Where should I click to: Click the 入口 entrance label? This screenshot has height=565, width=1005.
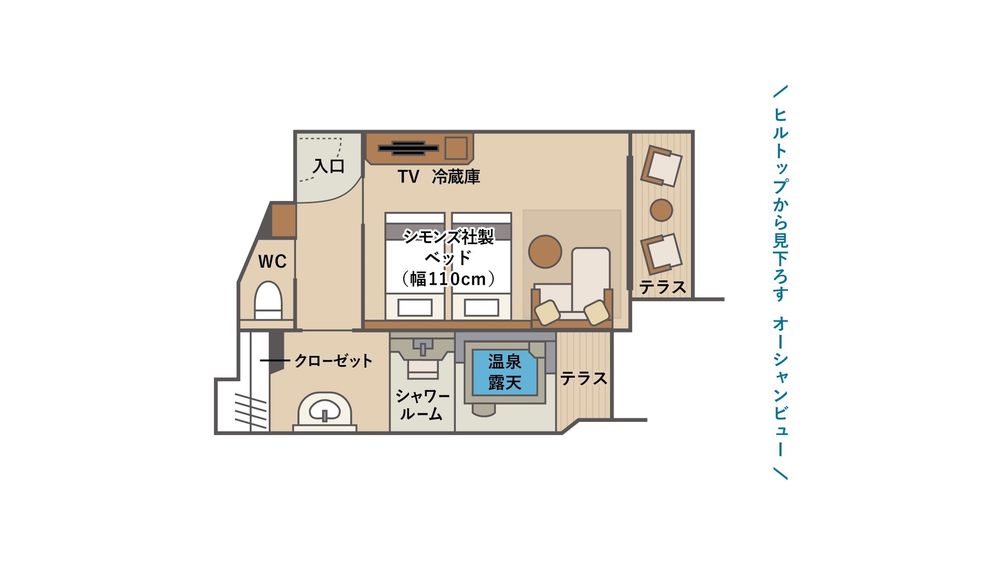point(329,166)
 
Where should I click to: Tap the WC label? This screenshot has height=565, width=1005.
point(272,261)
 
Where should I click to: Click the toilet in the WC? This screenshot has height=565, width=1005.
point(268,301)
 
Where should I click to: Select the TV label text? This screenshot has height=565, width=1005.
point(408,176)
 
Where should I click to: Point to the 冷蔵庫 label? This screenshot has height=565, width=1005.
point(456,176)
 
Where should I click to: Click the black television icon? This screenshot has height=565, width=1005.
point(408,148)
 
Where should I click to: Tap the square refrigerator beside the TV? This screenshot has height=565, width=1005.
point(456,148)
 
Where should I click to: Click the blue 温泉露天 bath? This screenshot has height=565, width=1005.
point(505,372)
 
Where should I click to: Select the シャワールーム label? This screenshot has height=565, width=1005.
point(422,405)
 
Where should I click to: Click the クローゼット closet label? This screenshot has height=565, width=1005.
point(333,361)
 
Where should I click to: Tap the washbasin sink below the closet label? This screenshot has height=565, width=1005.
point(325,411)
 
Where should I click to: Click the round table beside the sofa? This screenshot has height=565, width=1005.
point(545,252)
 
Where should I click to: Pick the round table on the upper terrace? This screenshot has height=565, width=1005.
point(661,210)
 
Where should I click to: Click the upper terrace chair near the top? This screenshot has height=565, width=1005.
point(661,166)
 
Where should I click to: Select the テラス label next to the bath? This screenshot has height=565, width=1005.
point(583,378)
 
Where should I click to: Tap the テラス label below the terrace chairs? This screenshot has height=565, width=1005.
point(662,287)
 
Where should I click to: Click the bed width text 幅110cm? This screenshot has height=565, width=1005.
point(448,279)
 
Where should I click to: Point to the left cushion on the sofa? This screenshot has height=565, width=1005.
point(547,312)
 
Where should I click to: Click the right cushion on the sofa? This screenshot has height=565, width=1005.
point(596,312)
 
